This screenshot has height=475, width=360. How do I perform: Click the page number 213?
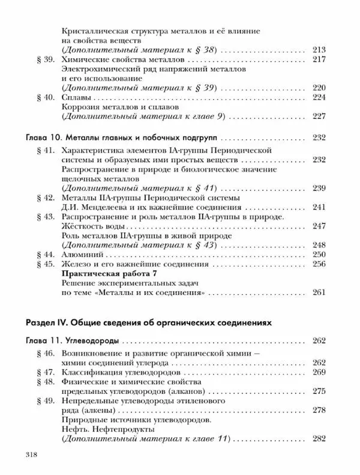click(x=319, y=49)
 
